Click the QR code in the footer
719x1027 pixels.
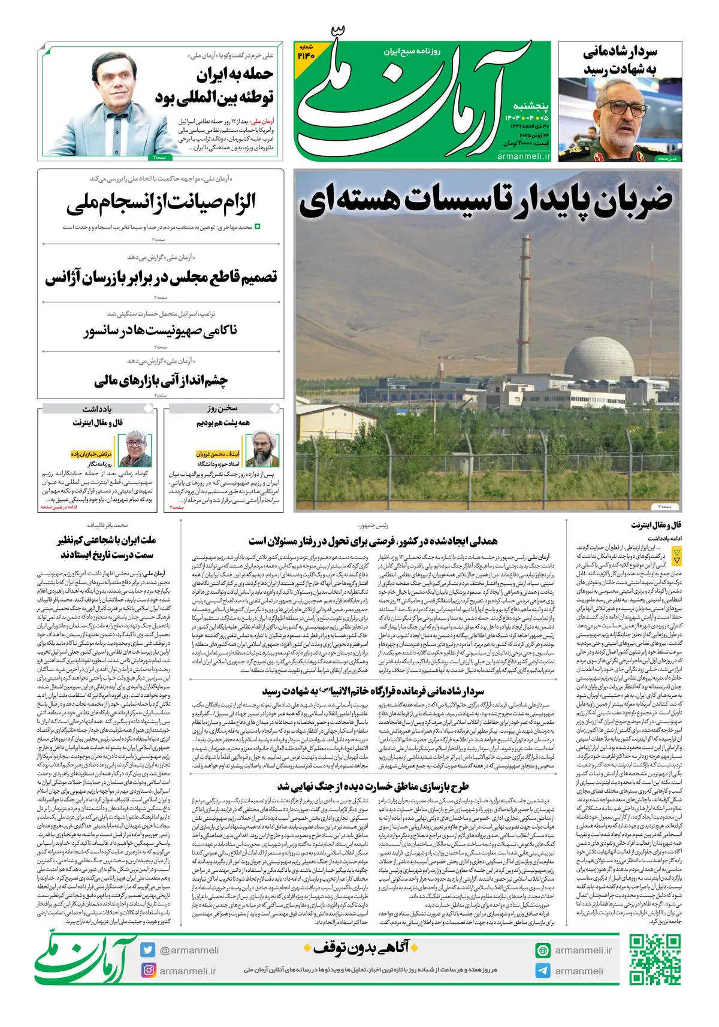pos(655,960)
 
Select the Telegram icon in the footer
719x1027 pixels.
pos(543,971)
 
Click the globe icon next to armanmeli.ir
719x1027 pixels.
pos(543,950)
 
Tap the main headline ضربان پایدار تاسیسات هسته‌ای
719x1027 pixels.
pos(485,199)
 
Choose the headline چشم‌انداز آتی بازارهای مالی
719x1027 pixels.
pos(161,380)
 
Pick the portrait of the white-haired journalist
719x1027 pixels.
pos(135,448)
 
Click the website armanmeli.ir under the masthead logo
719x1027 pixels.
pos(523,156)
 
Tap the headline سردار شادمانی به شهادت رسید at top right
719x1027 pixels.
pos(620,61)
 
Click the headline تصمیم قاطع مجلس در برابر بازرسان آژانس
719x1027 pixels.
pos(161,277)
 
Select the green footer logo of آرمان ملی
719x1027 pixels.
pos(84,959)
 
